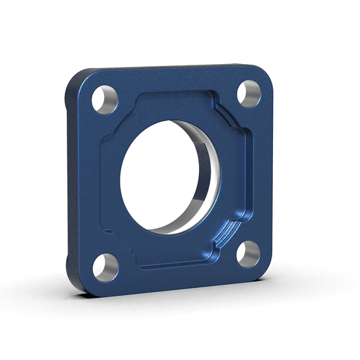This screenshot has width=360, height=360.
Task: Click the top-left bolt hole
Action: pos(103,99)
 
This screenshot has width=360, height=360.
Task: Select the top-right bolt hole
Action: pos(249,93)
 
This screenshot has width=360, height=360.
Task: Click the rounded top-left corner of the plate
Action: pos(77,76)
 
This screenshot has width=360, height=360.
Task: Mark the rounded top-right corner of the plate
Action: pos(264,72)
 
